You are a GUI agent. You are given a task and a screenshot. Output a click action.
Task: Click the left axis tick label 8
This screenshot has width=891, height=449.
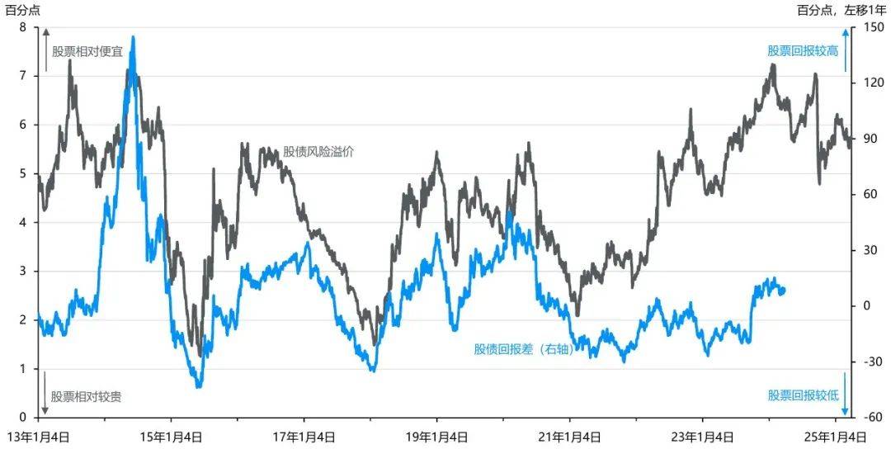click(x=22, y=27)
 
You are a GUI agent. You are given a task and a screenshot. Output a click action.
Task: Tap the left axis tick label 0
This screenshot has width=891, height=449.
click(x=22, y=418)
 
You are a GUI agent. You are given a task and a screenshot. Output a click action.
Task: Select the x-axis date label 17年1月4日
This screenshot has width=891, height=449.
click(x=304, y=436)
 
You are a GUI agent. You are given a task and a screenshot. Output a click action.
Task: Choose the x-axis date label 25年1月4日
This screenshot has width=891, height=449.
click(x=836, y=436)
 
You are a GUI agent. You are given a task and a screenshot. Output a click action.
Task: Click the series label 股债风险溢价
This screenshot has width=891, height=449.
click(x=318, y=151)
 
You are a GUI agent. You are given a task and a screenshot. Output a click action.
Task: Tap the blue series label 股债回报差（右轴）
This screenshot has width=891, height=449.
click(x=523, y=348)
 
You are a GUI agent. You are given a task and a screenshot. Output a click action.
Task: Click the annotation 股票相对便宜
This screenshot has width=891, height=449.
click(x=87, y=51)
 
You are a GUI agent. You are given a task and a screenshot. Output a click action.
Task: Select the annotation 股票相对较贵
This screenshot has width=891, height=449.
click(x=87, y=397)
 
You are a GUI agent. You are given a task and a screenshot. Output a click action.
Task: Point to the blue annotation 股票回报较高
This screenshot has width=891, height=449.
click(x=803, y=50)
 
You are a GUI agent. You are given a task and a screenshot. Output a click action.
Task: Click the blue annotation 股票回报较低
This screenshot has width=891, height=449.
click(x=803, y=395)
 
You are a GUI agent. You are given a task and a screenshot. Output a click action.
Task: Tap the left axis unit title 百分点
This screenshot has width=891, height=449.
click(x=22, y=10)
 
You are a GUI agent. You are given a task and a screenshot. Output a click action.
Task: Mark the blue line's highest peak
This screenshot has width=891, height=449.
click(x=133, y=38)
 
